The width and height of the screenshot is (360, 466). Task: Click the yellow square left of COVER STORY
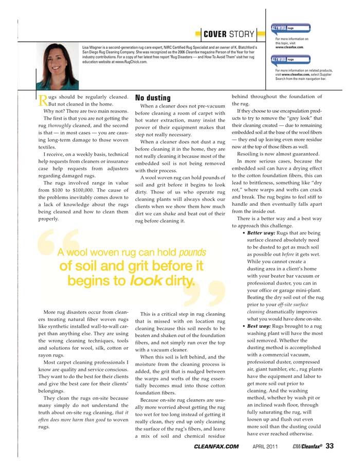coord(198,34)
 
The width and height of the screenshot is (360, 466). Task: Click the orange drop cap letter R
coord(44,99)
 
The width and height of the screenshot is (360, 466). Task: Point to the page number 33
coord(330,446)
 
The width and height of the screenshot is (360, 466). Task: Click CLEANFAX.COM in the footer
coord(217,446)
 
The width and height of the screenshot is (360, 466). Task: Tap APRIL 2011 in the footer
coord(265,446)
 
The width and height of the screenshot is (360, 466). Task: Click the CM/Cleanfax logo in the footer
coord(307,446)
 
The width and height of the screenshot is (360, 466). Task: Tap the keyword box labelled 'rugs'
coord(291,60)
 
